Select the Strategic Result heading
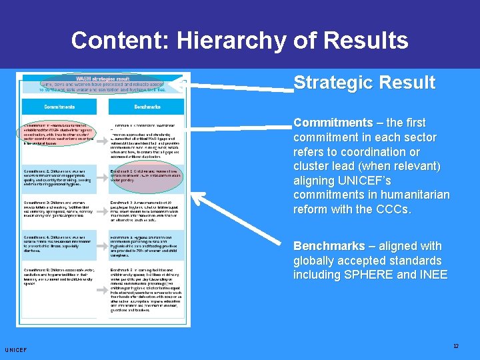click(364, 83)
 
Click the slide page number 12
click(456, 347)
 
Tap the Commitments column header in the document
click(59, 106)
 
